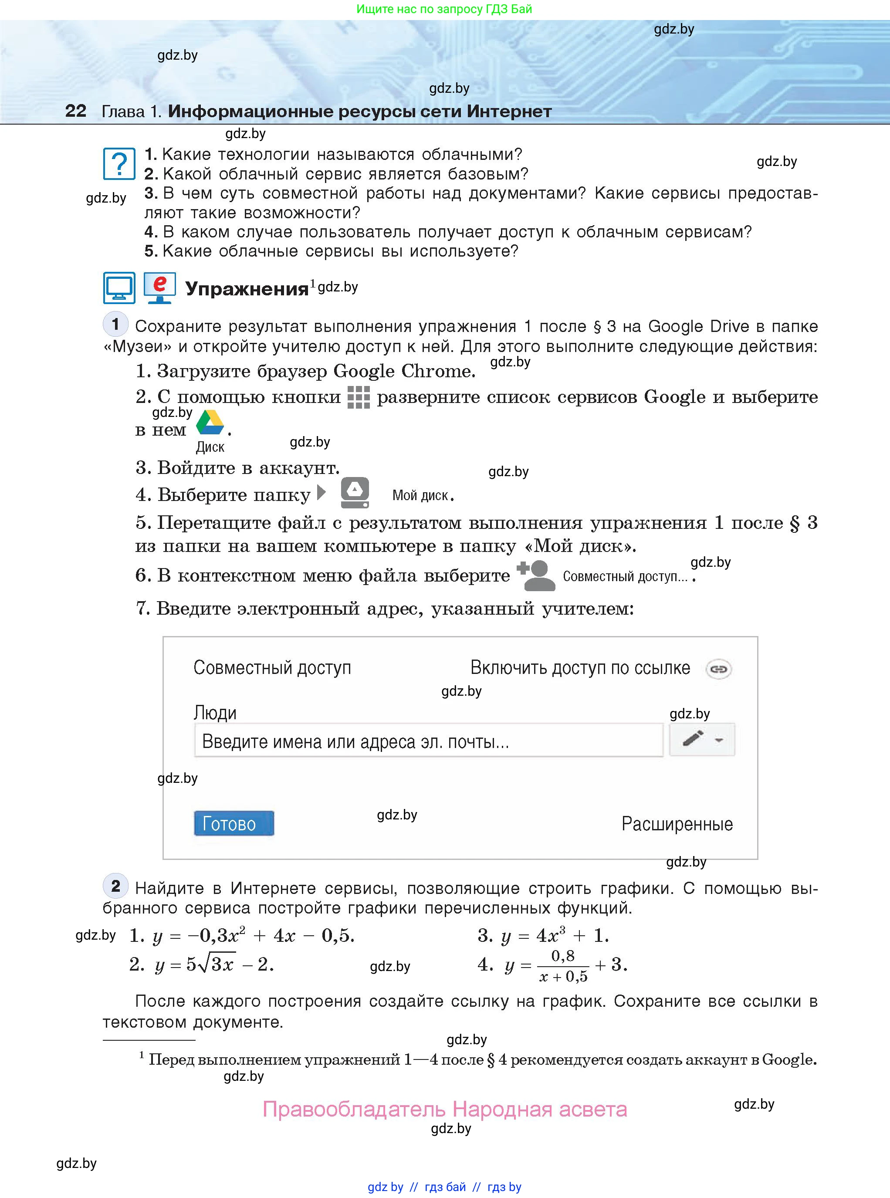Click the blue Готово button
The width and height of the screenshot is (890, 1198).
234,823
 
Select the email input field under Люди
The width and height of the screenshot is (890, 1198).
428,741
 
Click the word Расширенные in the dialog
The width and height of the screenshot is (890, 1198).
677,824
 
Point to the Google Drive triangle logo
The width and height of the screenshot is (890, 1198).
210,423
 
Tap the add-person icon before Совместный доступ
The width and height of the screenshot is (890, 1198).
535,575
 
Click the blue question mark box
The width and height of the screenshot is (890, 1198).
119,164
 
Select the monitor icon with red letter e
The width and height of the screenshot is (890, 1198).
159,288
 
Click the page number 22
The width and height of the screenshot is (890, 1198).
75,111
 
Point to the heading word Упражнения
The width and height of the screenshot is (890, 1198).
246,289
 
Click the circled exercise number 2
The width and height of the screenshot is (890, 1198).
115,886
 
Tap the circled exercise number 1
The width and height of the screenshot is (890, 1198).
115,324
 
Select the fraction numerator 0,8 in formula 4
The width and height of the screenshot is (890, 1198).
562,956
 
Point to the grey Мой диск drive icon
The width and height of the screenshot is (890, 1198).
355,492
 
